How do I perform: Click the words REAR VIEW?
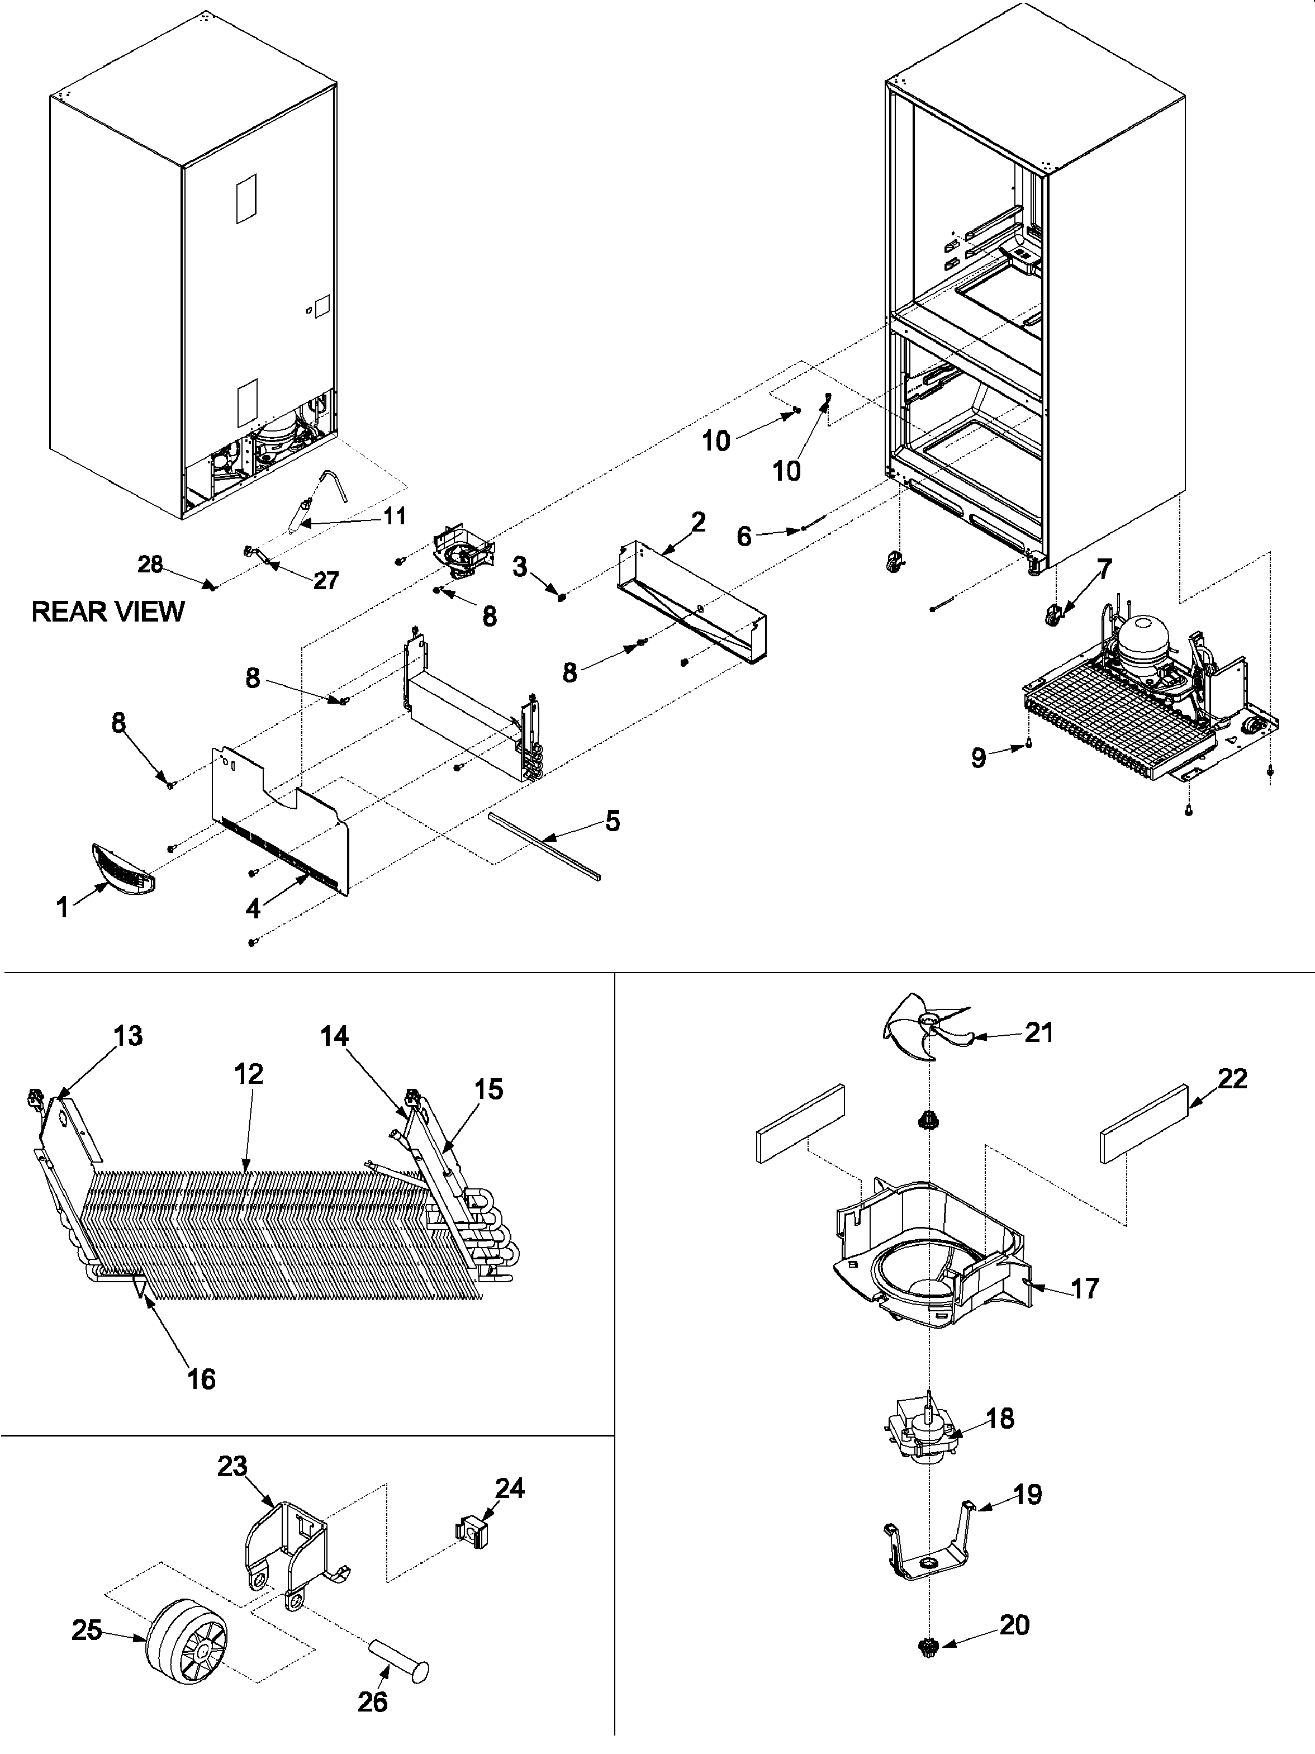[108, 611]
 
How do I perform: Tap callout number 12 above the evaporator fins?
[248, 1074]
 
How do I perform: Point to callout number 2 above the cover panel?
[697, 522]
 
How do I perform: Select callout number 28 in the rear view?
[150, 564]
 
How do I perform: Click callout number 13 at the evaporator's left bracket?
[127, 1036]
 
